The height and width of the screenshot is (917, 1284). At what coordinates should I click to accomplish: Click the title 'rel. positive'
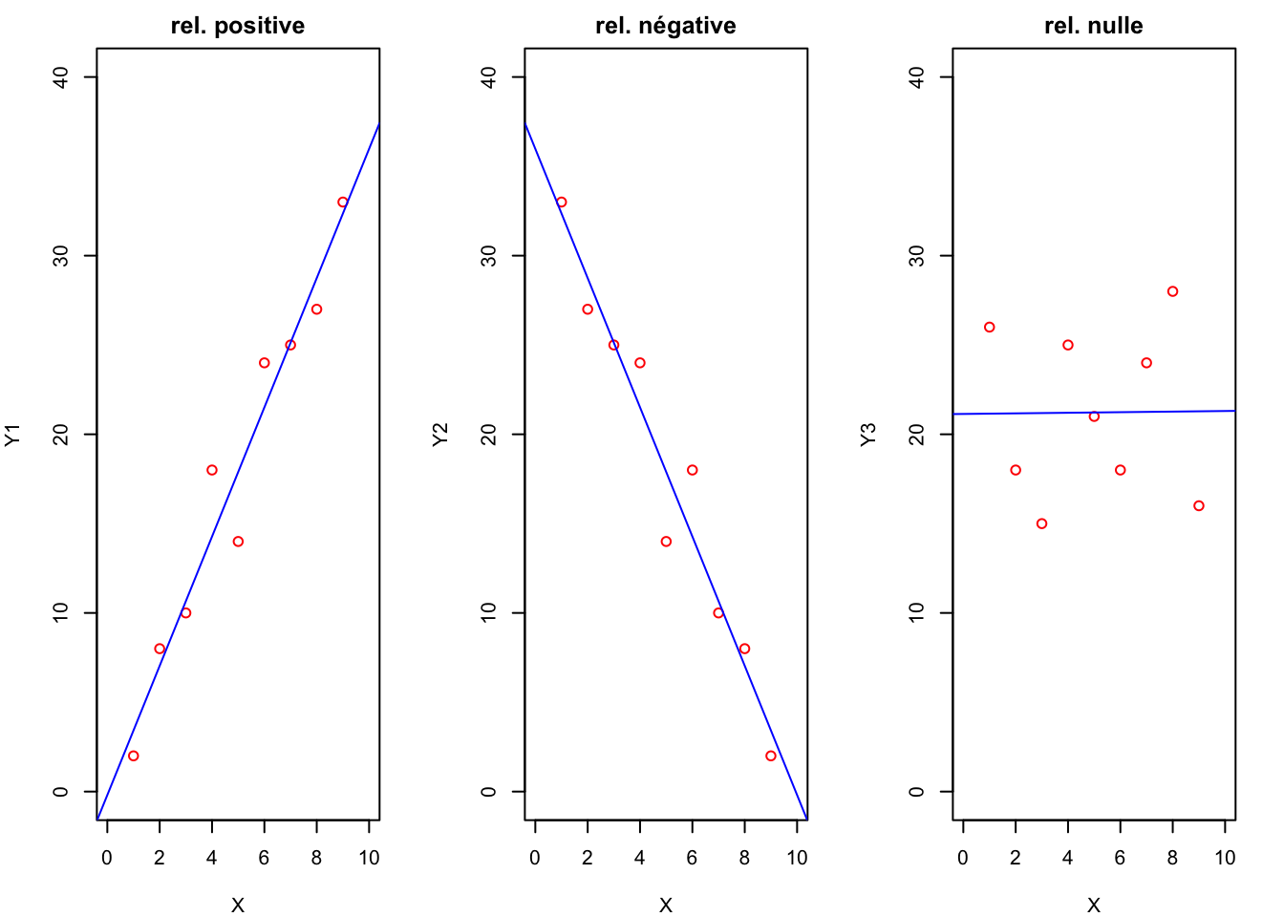coord(238,26)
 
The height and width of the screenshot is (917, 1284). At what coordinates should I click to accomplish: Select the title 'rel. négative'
coord(666,26)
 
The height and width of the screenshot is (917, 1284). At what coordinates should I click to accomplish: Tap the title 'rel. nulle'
coord(1094,26)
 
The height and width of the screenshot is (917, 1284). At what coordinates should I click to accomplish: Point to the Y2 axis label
coord(440,435)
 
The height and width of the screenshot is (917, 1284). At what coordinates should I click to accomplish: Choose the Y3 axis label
coord(868,435)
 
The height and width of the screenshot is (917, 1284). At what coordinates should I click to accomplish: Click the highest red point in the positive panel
coord(343,203)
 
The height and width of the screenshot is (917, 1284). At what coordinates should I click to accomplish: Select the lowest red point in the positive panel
coord(134,756)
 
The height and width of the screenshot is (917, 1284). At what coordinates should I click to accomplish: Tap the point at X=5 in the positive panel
coord(238,542)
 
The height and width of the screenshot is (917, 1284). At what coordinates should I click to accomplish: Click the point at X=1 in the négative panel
coord(562,203)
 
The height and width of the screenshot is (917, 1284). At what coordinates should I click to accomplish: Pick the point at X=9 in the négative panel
coord(771,756)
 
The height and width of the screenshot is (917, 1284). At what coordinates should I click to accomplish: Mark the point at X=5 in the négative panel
coord(666,542)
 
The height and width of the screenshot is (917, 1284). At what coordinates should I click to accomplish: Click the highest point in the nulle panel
coord(1173,291)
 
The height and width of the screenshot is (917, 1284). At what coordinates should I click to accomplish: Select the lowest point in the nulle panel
coord(1042,523)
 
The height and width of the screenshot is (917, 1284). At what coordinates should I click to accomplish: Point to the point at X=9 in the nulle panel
coord(1199,506)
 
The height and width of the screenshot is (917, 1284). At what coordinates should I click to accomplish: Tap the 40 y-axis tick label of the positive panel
coord(62,77)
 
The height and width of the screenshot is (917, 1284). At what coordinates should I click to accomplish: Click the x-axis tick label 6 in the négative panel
coord(693,858)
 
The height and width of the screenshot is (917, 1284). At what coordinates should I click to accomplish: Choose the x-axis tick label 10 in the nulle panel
coord(1225,858)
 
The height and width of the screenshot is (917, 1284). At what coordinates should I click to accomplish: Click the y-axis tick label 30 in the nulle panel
coord(918,256)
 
